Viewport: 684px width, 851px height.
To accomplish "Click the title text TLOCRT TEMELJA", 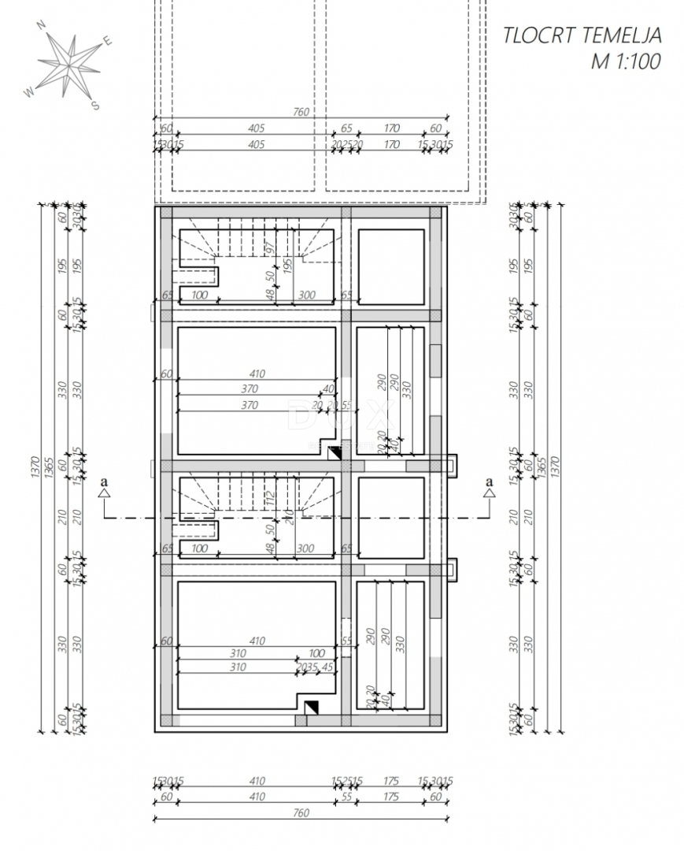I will [582, 35].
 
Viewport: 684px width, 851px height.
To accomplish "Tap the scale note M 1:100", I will [626, 61].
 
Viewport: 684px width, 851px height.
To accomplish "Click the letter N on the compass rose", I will [42, 24].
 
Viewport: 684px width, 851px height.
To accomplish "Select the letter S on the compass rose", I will [95, 106].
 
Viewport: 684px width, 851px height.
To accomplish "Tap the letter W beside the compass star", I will [29, 91].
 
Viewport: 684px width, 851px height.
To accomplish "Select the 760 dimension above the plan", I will [301, 112].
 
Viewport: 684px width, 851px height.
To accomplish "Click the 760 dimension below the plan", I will [301, 812].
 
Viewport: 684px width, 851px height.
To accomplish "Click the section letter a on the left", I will [102, 481].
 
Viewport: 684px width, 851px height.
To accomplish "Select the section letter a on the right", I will [489, 481].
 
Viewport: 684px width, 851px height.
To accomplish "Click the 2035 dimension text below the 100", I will [306, 667].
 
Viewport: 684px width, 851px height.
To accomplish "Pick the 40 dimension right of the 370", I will [327, 389].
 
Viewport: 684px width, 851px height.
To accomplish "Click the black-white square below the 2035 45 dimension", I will [311, 708].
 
